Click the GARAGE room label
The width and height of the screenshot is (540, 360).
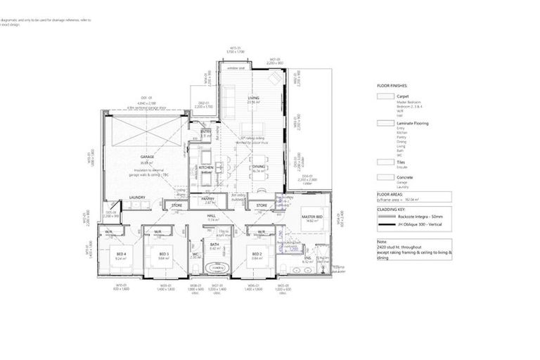click(x=147, y=157)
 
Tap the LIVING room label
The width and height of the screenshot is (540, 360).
click(x=254, y=98)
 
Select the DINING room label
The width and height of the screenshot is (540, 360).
click(x=259, y=166)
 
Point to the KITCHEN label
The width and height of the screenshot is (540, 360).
click(x=206, y=167)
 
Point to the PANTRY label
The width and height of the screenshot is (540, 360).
click(x=208, y=199)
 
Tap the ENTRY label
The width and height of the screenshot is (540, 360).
click(x=206, y=131)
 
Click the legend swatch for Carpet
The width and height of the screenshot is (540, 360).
click(x=385, y=97)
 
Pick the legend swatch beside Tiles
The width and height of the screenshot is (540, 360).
click(x=385, y=162)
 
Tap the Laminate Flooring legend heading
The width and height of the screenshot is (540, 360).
click(x=413, y=123)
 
